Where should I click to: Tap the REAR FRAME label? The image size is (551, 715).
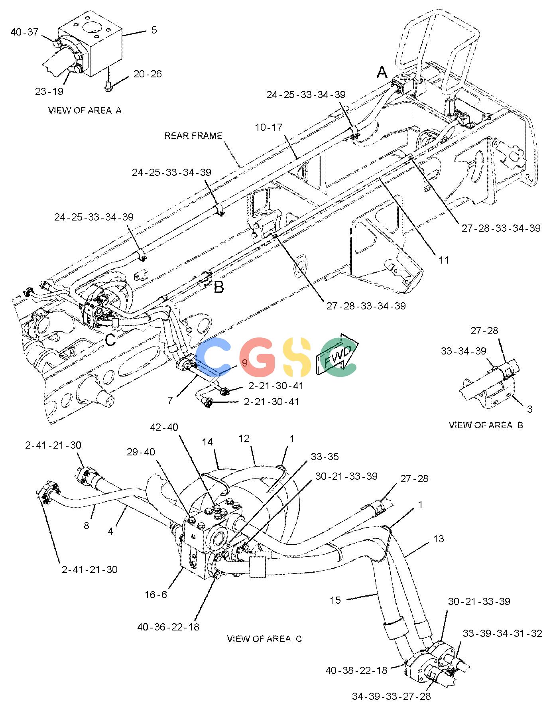(x=193, y=136)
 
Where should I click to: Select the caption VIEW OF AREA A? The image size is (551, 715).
(x=85, y=110)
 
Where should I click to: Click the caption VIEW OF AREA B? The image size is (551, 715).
(x=486, y=425)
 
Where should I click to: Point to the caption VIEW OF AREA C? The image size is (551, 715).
(x=264, y=639)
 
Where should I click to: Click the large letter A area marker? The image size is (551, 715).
(x=382, y=73)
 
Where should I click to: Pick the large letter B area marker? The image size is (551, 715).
(x=219, y=287)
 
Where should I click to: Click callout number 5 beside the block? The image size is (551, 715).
(x=154, y=30)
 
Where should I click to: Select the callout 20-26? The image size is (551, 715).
(x=148, y=74)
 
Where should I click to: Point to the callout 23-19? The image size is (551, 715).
(x=49, y=92)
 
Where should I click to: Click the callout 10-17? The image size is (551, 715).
(x=268, y=128)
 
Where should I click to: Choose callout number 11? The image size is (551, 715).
(x=444, y=260)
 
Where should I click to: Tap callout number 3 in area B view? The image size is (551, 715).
(x=529, y=409)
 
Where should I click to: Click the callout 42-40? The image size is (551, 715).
(x=164, y=427)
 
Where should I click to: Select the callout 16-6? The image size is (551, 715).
(x=155, y=595)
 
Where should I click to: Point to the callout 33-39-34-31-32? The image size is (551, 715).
(x=502, y=634)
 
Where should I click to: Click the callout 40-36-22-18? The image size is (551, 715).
(x=168, y=627)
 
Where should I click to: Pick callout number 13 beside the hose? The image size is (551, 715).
(x=438, y=539)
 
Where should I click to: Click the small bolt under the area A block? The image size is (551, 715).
(x=108, y=85)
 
